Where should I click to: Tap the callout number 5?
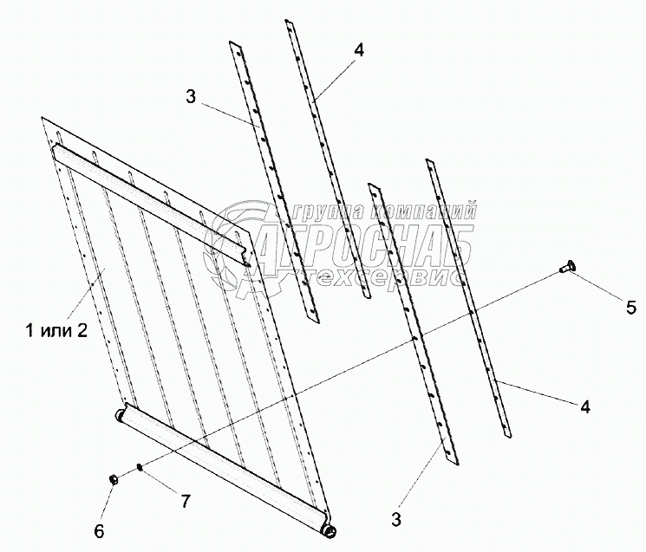tap(631, 307)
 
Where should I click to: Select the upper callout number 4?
tap(358, 49)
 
